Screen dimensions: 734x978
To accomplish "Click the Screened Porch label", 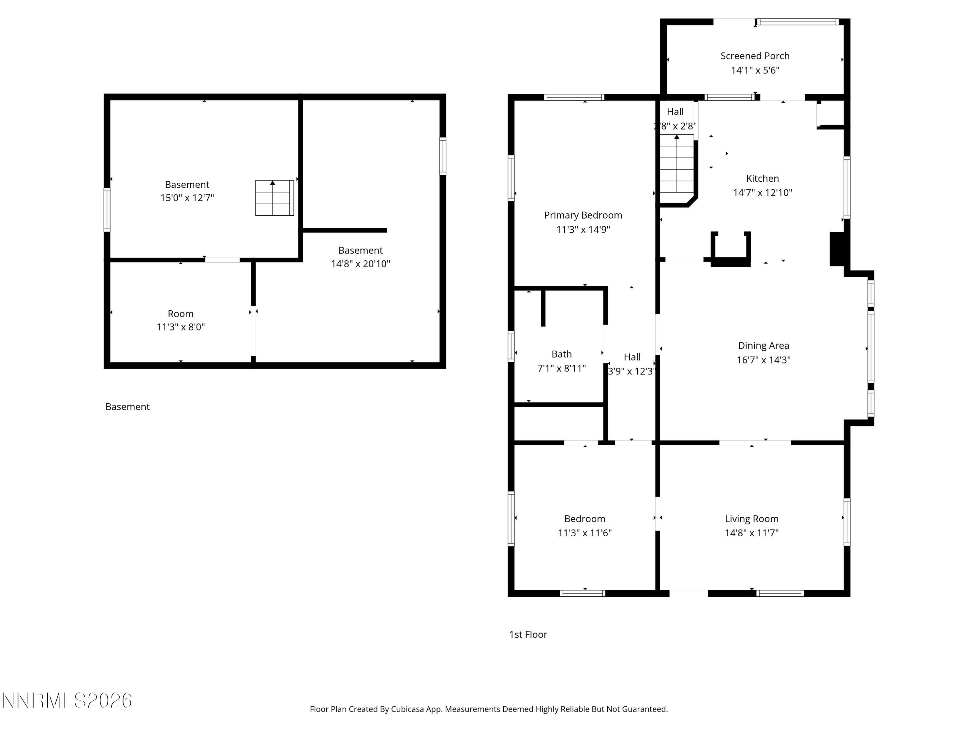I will point(755,56).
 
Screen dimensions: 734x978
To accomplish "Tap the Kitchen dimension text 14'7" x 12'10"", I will point(762,192).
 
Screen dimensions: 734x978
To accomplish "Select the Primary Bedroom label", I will point(583,215).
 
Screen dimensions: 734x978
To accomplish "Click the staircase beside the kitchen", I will point(676,168).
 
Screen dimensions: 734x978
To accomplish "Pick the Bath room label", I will point(561,354).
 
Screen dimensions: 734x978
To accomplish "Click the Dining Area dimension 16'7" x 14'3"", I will point(763,360).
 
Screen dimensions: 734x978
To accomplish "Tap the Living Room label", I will point(751,519).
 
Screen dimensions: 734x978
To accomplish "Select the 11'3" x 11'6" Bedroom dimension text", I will point(585,533).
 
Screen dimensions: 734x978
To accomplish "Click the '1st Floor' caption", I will point(528,635).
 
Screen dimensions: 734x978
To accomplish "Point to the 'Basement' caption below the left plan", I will point(127,406).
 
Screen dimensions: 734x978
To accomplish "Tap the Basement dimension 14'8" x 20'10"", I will point(360,264).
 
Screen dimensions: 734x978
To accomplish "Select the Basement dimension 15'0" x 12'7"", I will point(187,198).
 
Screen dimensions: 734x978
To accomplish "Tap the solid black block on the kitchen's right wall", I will point(837,249).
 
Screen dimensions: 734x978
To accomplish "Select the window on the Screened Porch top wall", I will point(797,22).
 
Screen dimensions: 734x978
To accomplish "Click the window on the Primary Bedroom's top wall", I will point(573,97).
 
